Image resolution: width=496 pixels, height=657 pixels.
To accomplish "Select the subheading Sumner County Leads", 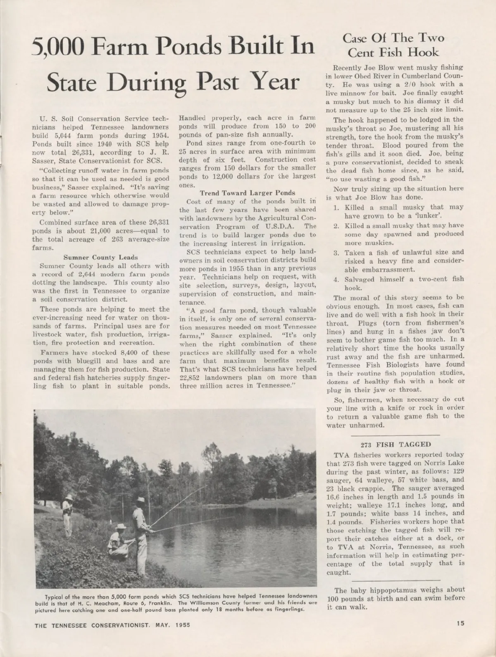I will pos(100,257).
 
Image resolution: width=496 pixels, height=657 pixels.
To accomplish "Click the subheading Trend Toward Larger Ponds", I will pos(247,193).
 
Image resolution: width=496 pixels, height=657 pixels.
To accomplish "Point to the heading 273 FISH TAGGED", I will pos(396,444).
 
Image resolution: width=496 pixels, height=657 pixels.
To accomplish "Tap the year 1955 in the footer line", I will pos(182,625).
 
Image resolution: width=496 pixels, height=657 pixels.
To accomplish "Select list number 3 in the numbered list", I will pos(336,252).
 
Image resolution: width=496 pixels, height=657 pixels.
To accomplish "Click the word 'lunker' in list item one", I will pos(432,216).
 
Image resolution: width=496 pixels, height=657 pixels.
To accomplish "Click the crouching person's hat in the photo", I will pos(121,527).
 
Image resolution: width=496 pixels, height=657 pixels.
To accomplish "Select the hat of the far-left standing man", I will pos(69,497).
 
